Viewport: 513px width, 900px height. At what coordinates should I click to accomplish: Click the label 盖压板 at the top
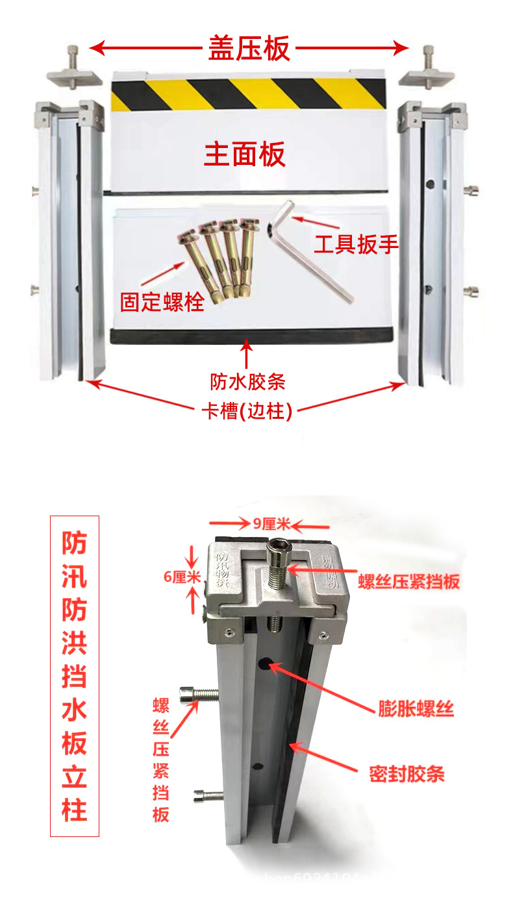249,48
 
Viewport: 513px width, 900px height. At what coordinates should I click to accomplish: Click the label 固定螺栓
162,302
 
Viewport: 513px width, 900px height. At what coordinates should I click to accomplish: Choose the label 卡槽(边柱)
247,412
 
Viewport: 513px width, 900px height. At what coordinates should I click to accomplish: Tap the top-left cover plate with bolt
73,73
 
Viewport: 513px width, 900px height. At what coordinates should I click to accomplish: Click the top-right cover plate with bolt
426,73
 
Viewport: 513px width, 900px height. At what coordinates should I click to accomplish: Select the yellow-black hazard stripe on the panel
249,95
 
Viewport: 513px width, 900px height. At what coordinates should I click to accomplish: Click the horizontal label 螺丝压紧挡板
408,581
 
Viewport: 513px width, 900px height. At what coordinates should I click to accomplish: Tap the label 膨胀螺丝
416,708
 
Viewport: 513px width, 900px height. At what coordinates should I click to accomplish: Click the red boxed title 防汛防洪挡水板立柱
75,675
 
